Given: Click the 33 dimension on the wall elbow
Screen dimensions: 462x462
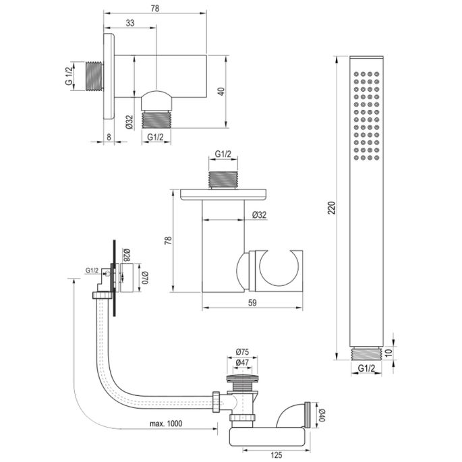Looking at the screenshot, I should tap(129, 23).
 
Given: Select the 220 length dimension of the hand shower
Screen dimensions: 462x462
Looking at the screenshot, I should tap(330, 209).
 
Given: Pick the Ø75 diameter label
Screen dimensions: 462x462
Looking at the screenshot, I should tap(243, 351).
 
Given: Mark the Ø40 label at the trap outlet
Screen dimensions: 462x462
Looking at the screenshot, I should tap(321, 412).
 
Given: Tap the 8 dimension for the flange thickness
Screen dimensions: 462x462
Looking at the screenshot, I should tap(110, 136).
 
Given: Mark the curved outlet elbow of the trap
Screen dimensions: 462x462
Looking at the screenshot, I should tap(295, 411).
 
